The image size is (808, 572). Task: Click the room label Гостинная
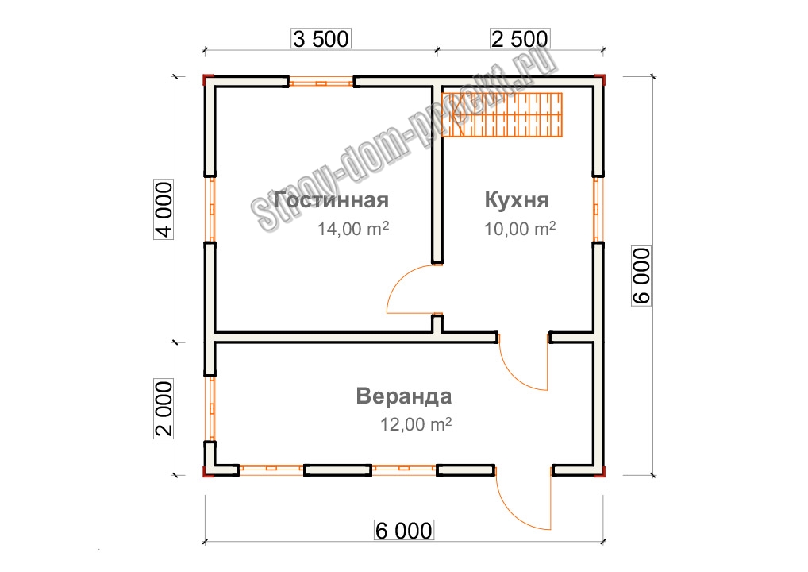[x=331, y=200]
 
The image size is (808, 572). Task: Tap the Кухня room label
[x=517, y=200]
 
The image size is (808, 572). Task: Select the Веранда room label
[x=404, y=396]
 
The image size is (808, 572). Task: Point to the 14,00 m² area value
[x=353, y=229]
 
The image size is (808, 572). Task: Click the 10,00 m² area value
[x=520, y=229]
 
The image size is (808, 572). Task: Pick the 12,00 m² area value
[x=416, y=424]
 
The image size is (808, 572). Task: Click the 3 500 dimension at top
[x=321, y=39]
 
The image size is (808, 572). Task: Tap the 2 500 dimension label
[x=519, y=39]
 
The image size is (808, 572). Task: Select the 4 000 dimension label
[x=164, y=210]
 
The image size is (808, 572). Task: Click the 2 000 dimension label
[x=164, y=409]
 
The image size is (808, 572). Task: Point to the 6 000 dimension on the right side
[x=641, y=276]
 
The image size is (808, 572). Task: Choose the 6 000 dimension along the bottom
[x=404, y=531]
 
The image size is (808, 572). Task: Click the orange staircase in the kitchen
[x=502, y=115]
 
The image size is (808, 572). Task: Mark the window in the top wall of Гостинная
[x=321, y=83]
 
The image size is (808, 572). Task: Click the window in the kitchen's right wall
[x=597, y=209]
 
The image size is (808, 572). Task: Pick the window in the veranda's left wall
[x=210, y=408]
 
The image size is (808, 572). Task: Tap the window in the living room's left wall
[x=210, y=209]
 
